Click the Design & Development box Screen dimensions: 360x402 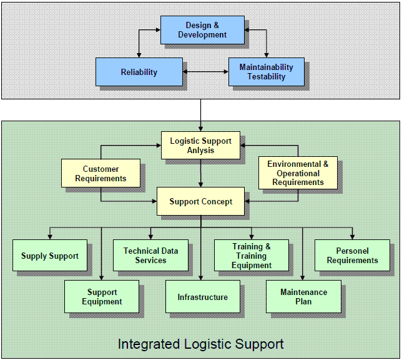point(202,30)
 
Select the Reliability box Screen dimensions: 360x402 point(139,72)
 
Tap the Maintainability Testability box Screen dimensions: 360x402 point(266,72)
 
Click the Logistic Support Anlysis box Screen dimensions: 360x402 point(200,146)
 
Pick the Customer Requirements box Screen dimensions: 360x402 point(100,174)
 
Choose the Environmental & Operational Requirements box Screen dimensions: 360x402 point(298,173)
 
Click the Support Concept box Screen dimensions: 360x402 point(200,201)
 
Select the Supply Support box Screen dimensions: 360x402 point(50,256)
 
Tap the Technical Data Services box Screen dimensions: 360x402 point(150,255)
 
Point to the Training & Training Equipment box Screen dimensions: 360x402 point(251,255)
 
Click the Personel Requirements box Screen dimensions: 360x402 point(352,255)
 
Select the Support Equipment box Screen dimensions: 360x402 point(102,297)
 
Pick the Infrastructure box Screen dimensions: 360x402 point(202,297)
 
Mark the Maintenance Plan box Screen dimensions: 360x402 point(303,297)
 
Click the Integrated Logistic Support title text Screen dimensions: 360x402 point(200,344)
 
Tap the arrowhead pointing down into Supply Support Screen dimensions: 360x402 point(50,237)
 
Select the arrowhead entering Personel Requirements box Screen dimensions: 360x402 point(352,237)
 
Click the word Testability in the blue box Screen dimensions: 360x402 point(266,77)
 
